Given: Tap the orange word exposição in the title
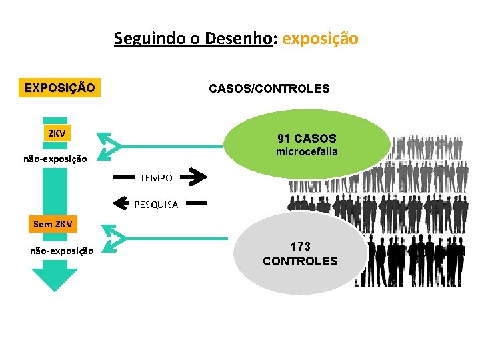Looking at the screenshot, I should click(320, 39).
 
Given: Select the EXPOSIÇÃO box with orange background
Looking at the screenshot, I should click(59, 87).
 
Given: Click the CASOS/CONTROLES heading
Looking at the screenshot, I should click(269, 88).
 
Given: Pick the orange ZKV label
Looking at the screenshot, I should click(57, 133).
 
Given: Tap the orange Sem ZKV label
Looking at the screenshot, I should click(53, 223).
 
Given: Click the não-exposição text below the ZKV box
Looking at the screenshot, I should click(55, 159).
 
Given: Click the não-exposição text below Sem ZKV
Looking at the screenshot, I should click(62, 251).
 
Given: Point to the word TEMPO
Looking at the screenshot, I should click(156, 178).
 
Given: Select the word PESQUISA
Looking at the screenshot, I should click(156, 205).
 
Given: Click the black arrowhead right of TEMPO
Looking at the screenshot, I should click(194, 177).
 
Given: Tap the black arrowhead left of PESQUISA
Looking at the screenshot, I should click(121, 201).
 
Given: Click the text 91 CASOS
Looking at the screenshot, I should click(307, 139).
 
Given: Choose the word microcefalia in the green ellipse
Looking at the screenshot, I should click(307, 152).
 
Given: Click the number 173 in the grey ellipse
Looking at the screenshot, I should click(300, 247).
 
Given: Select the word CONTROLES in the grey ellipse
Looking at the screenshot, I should click(300, 261).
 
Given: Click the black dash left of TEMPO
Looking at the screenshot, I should click(124, 178).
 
